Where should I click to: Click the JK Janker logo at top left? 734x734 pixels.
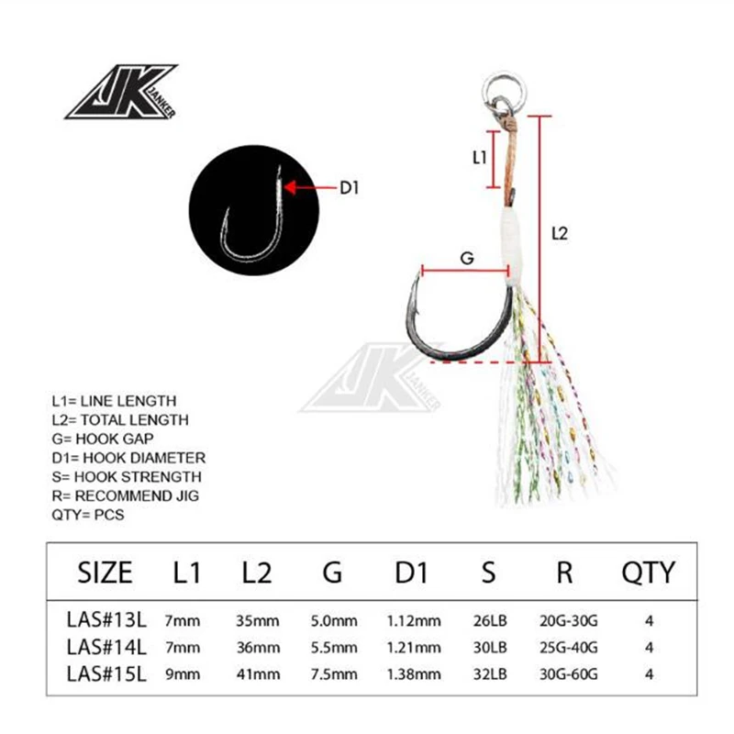(120, 92)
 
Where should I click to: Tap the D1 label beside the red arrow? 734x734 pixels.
(350, 188)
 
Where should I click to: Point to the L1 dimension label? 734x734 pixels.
(479, 158)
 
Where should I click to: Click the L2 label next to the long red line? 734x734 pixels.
(561, 234)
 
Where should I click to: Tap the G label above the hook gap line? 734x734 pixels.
(466, 259)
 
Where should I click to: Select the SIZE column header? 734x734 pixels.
(106, 573)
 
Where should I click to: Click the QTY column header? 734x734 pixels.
(648, 573)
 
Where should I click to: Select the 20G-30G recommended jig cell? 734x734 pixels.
(564, 621)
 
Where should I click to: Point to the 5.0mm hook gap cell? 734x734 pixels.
(333, 621)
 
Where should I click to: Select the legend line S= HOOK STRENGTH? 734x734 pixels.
(126, 477)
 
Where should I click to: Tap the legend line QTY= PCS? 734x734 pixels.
(88, 515)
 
